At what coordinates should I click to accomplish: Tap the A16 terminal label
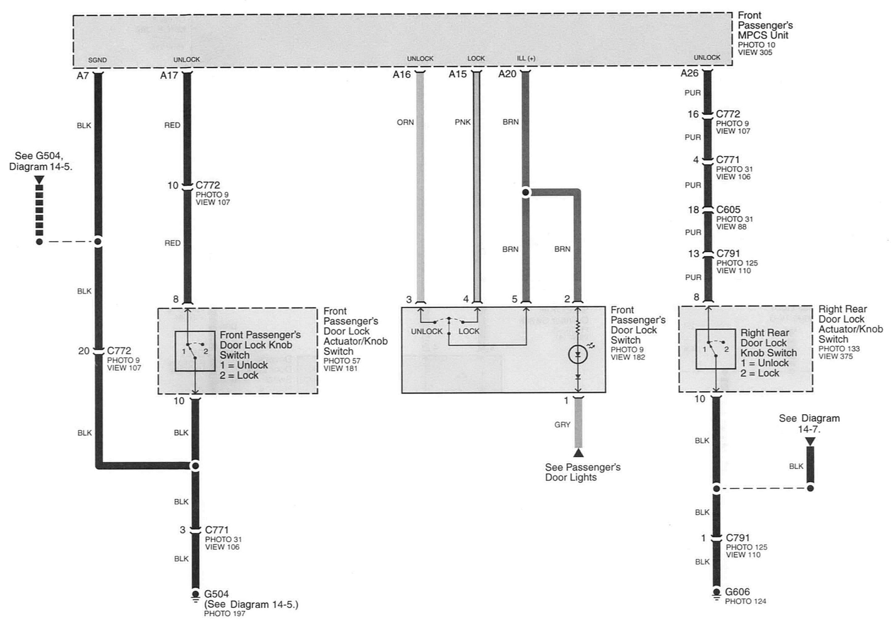401,74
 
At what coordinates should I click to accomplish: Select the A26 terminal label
689,73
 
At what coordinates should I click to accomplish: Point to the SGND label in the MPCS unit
97,60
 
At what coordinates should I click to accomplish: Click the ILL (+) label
526,58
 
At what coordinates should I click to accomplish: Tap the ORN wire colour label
405,122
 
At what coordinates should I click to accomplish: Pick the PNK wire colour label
462,122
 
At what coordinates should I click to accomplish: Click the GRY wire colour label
562,425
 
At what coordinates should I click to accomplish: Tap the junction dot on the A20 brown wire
526,192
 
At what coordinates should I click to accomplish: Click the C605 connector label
728,209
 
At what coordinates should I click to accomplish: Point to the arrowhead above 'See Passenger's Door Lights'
578,452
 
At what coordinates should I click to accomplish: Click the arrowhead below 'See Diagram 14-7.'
810,442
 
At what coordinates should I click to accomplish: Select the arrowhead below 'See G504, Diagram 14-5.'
39,180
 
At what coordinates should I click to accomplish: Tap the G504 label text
216,594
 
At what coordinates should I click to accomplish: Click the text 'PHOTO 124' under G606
746,601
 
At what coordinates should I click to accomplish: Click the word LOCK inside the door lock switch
469,331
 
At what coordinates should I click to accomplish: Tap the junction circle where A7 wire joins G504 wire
195,466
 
